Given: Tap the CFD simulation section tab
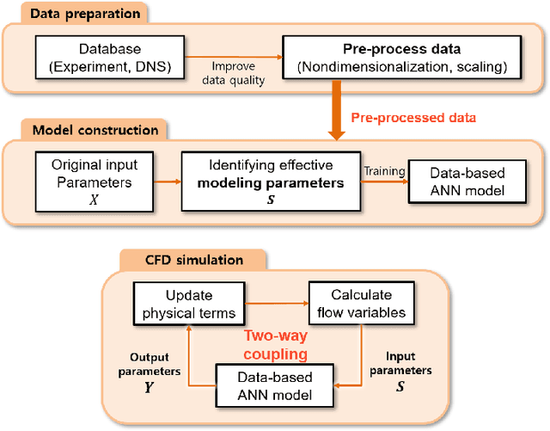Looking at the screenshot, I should pyautogui.click(x=182, y=259).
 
